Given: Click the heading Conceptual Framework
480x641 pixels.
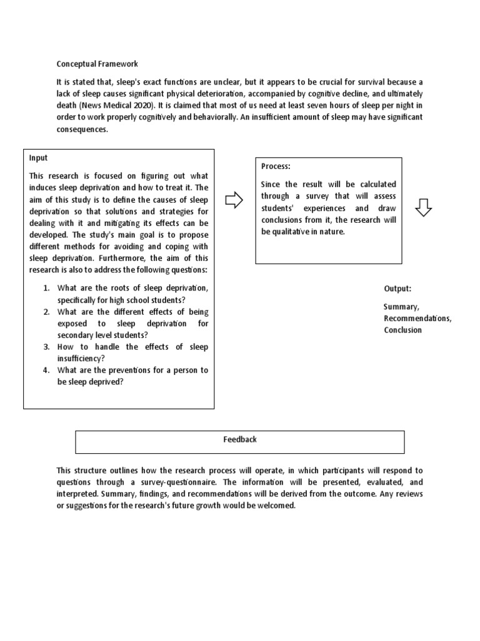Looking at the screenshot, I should [x=97, y=64].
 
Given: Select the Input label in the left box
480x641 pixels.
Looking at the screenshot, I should [x=38, y=158].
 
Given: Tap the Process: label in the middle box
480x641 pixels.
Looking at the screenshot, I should [x=276, y=167].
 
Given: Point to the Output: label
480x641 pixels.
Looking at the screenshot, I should [x=397, y=289].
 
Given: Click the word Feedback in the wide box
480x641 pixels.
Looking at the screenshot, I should [x=240, y=439].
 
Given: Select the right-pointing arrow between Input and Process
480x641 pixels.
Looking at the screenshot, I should [x=233, y=200].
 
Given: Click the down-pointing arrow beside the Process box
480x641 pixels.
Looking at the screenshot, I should [x=424, y=208].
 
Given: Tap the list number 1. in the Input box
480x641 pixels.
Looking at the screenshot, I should [x=47, y=288].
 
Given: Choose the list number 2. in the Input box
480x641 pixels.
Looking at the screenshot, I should [x=47, y=312].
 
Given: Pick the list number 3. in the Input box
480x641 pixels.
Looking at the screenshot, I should [x=47, y=347].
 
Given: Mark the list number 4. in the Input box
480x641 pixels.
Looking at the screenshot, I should [x=47, y=370].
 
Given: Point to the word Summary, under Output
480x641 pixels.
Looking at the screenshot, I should [x=401, y=307].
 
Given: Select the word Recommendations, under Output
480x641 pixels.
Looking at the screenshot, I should [x=417, y=318].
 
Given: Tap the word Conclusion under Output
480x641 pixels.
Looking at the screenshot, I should [x=402, y=330].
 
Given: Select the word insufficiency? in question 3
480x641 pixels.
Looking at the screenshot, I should [x=81, y=358].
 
